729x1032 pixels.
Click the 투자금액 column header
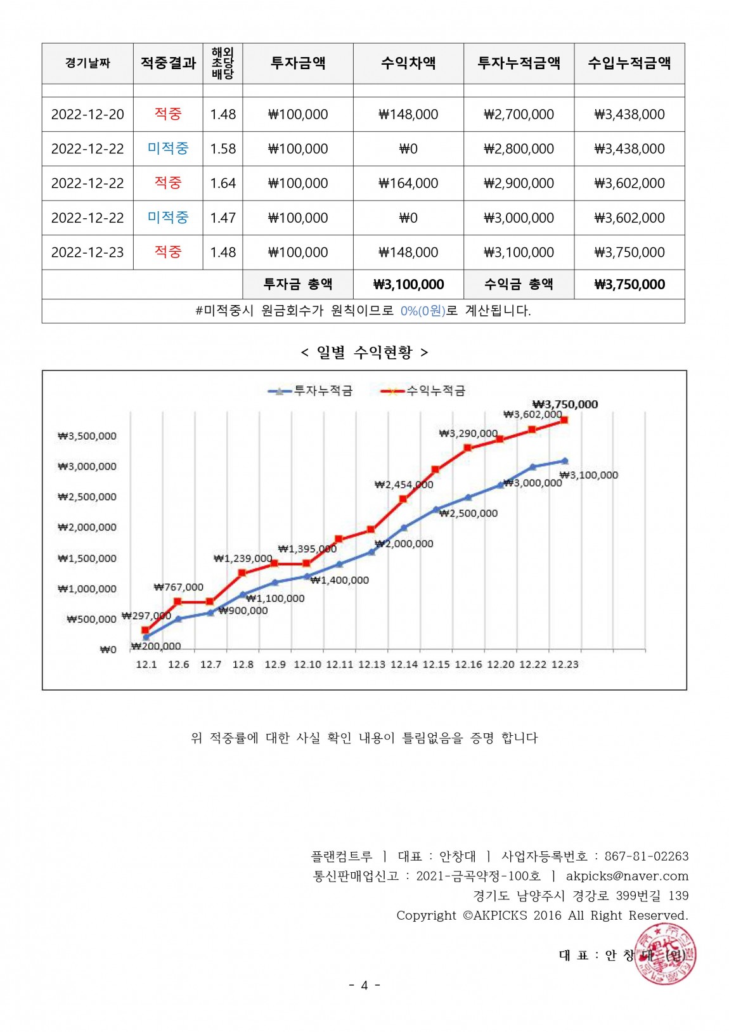point(298,63)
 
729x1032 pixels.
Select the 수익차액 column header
point(408,63)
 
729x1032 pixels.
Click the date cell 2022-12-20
point(87,114)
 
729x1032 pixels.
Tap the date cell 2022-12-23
point(87,252)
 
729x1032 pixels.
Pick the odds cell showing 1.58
point(223,149)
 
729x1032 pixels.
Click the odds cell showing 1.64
point(223,183)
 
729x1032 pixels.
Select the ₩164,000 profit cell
point(408,183)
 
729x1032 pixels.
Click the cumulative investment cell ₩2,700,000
point(519,114)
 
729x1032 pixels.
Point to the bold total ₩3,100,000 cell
point(408,285)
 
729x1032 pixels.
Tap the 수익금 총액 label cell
point(519,284)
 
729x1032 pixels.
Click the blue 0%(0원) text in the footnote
point(423,311)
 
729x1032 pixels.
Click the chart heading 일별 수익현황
point(364,352)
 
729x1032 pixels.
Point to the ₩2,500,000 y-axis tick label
point(87,497)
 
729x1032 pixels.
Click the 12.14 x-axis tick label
point(404,664)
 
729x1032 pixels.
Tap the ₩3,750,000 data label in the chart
point(565,404)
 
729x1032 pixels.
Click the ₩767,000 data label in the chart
point(179,587)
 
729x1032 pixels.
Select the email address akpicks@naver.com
point(627,876)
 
